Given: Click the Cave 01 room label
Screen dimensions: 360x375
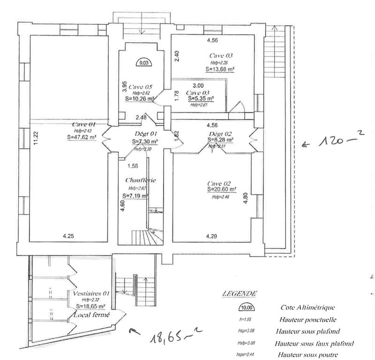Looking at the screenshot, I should [84, 125].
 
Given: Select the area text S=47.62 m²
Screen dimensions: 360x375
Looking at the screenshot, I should [82, 138].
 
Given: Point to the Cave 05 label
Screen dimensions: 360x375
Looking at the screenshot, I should [140, 87].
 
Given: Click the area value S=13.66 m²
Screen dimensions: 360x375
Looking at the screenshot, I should [220, 69].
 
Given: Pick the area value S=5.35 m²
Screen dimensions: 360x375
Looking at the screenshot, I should [201, 99].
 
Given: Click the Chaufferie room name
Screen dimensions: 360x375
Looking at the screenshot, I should [137, 180].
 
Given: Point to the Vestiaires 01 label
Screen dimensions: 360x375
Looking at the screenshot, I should [91, 293].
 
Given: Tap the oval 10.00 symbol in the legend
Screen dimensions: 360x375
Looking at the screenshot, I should [245, 308].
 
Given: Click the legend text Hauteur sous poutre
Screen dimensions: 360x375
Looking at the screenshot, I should [308, 355].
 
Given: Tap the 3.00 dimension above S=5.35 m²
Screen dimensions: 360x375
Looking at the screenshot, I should [198, 86].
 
